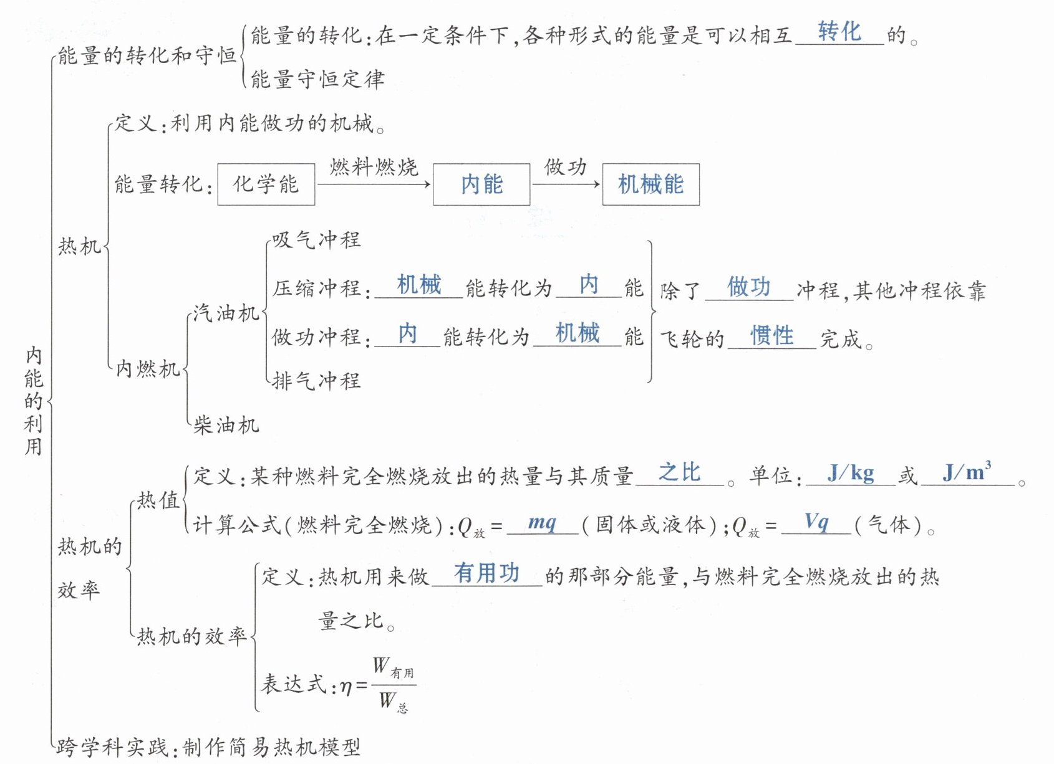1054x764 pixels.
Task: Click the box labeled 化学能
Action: tap(266, 184)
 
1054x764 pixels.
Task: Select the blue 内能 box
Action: tap(481, 184)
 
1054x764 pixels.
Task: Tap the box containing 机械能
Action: tap(650, 184)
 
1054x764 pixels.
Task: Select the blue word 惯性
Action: tap(771, 336)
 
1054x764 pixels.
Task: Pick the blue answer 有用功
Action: tap(486, 573)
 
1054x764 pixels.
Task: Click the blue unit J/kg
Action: tap(851, 473)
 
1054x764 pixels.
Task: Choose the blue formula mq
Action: tap(542, 522)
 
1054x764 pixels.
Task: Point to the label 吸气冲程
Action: tap(316, 239)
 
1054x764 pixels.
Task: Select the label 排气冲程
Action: tap(316, 380)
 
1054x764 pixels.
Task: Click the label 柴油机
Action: tap(226, 425)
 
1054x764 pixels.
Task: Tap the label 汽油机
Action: tap(226, 312)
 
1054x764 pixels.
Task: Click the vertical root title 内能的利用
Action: tap(33, 401)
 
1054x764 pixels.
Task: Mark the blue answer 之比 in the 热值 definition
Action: tap(679, 472)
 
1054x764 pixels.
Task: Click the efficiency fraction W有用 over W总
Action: tap(394, 685)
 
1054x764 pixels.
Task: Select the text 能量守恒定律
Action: tap(317, 80)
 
